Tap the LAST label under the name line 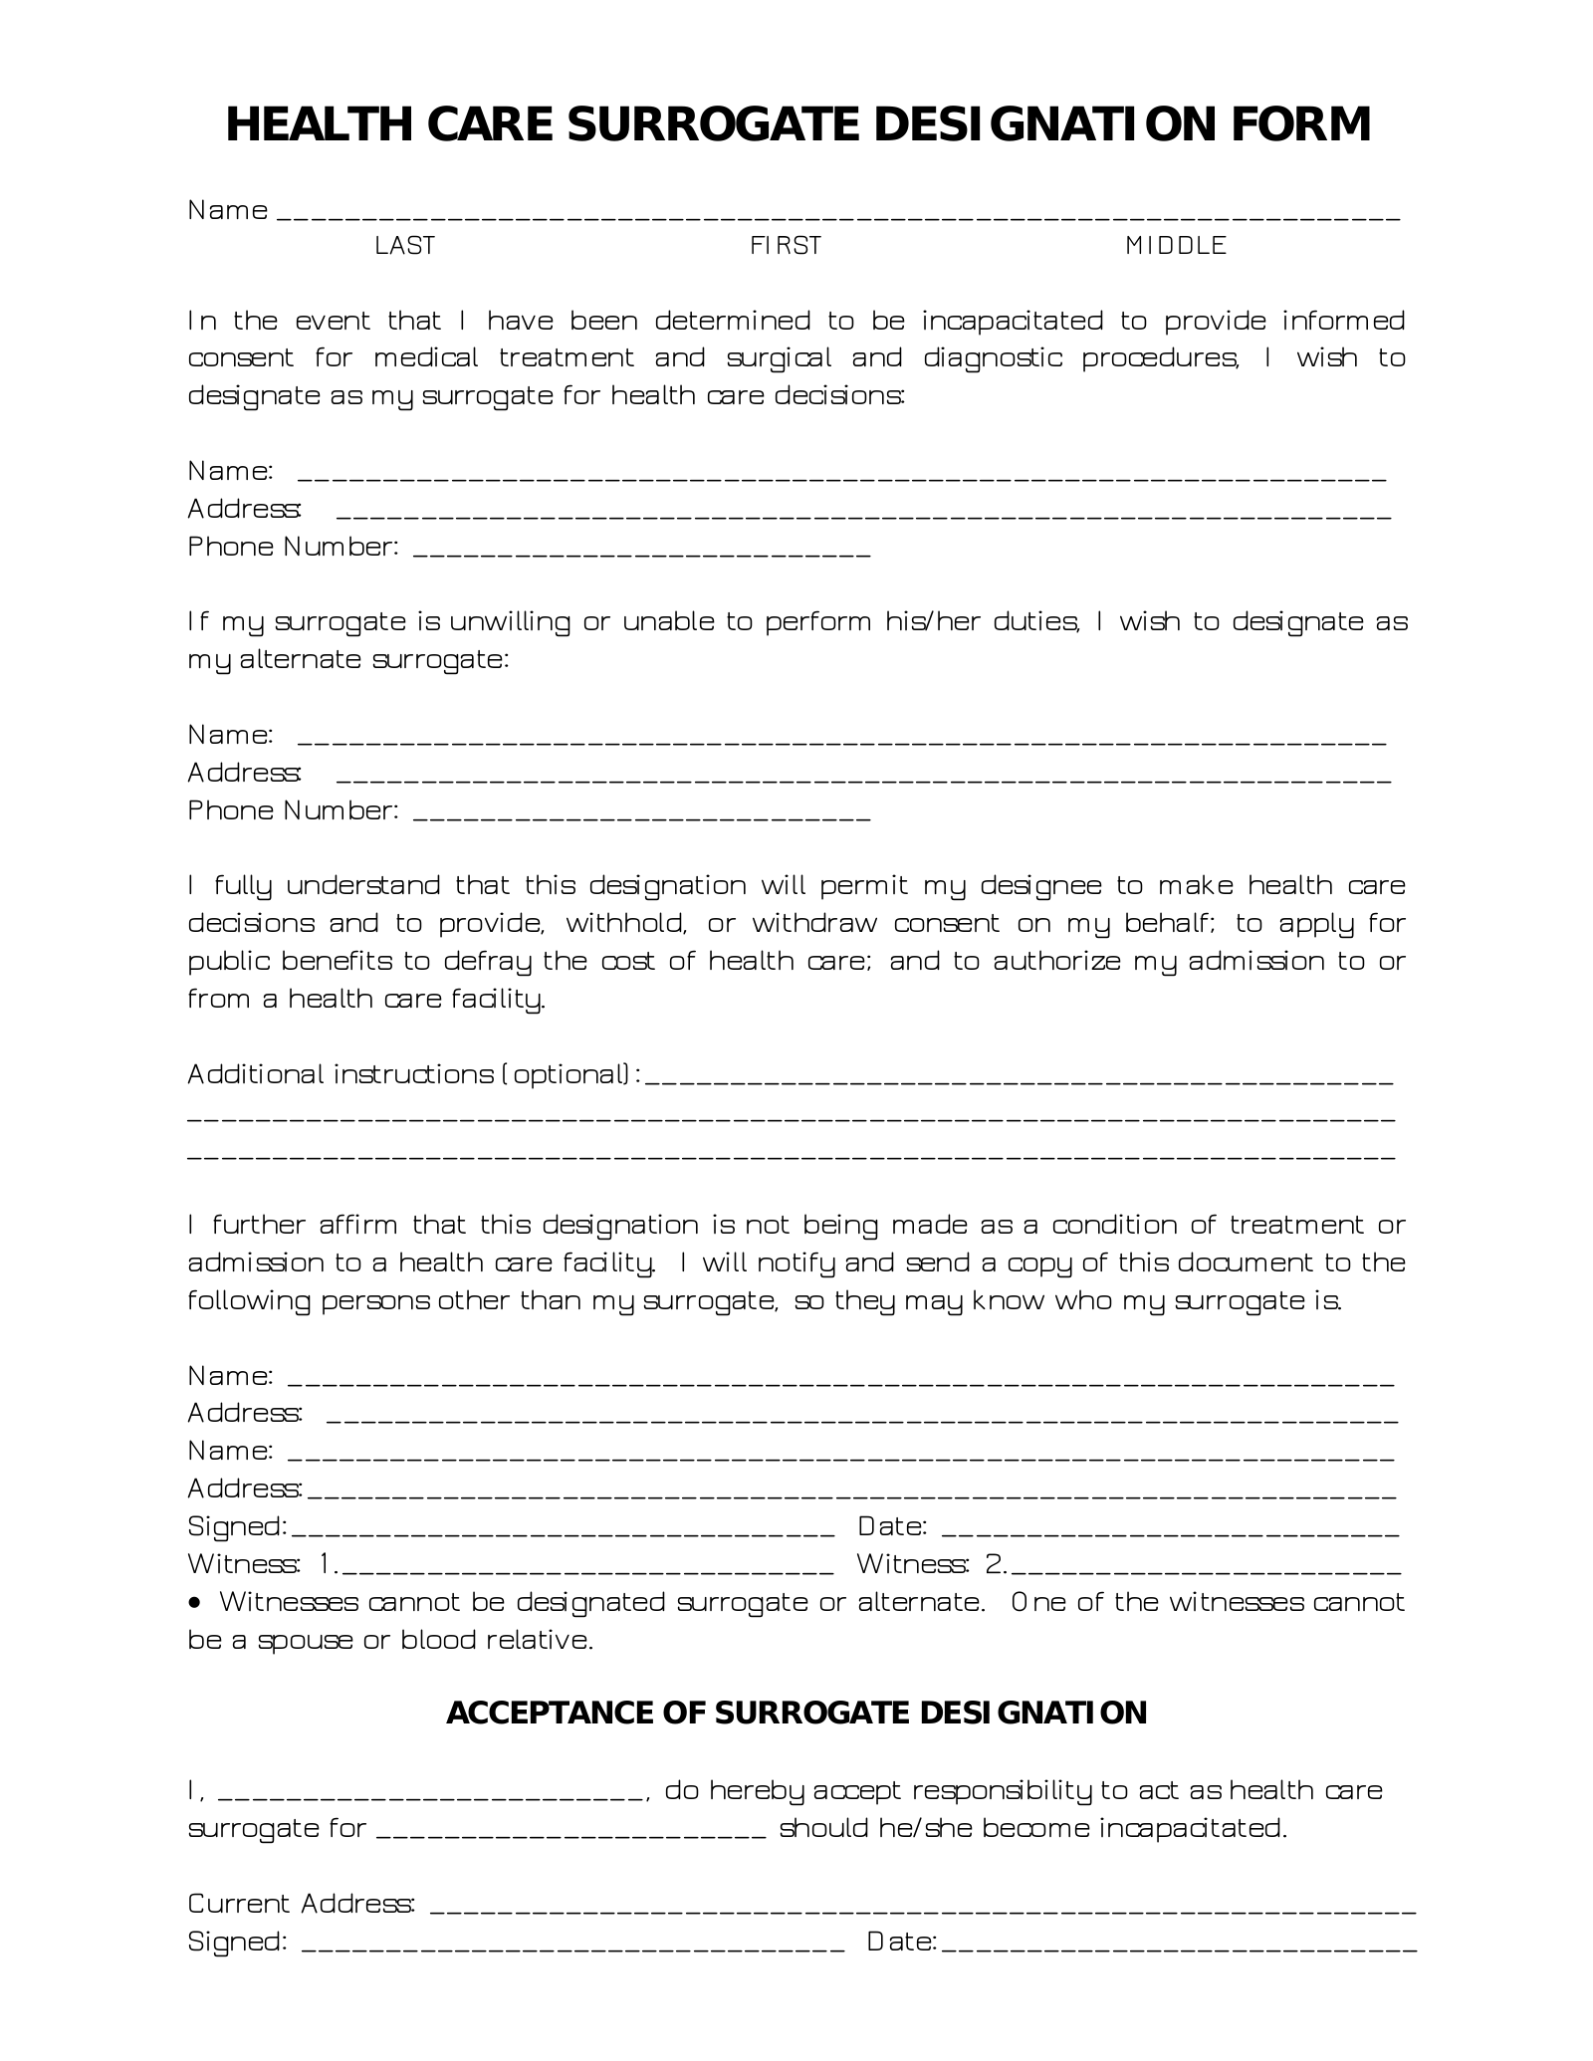404,246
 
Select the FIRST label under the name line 785,246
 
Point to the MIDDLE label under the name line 1175,246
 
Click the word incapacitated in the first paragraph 1012,322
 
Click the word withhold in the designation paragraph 626,924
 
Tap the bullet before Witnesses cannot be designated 195,1603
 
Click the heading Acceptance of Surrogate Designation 796,1713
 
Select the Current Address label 301,1904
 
